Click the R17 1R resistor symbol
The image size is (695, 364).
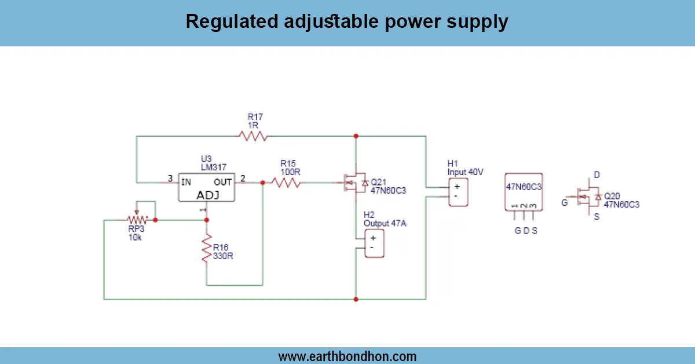click(x=253, y=136)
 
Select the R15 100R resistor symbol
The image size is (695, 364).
click(x=286, y=183)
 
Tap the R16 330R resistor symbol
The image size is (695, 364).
click(x=206, y=249)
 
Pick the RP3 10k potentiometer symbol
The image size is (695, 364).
click(x=138, y=220)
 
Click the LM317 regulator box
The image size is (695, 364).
click(x=207, y=187)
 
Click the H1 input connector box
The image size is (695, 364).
click(x=458, y=191)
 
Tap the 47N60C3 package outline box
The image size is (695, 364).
click(x=524, y=191)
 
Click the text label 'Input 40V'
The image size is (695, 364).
click(x=465, y=172)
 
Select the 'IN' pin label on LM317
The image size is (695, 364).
click(x=186, y=182)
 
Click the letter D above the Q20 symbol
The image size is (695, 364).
click(x=596, y=174)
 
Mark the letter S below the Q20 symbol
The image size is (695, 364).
click(x=596, y=217)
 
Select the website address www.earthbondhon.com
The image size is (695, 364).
click(x=347, y=356)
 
